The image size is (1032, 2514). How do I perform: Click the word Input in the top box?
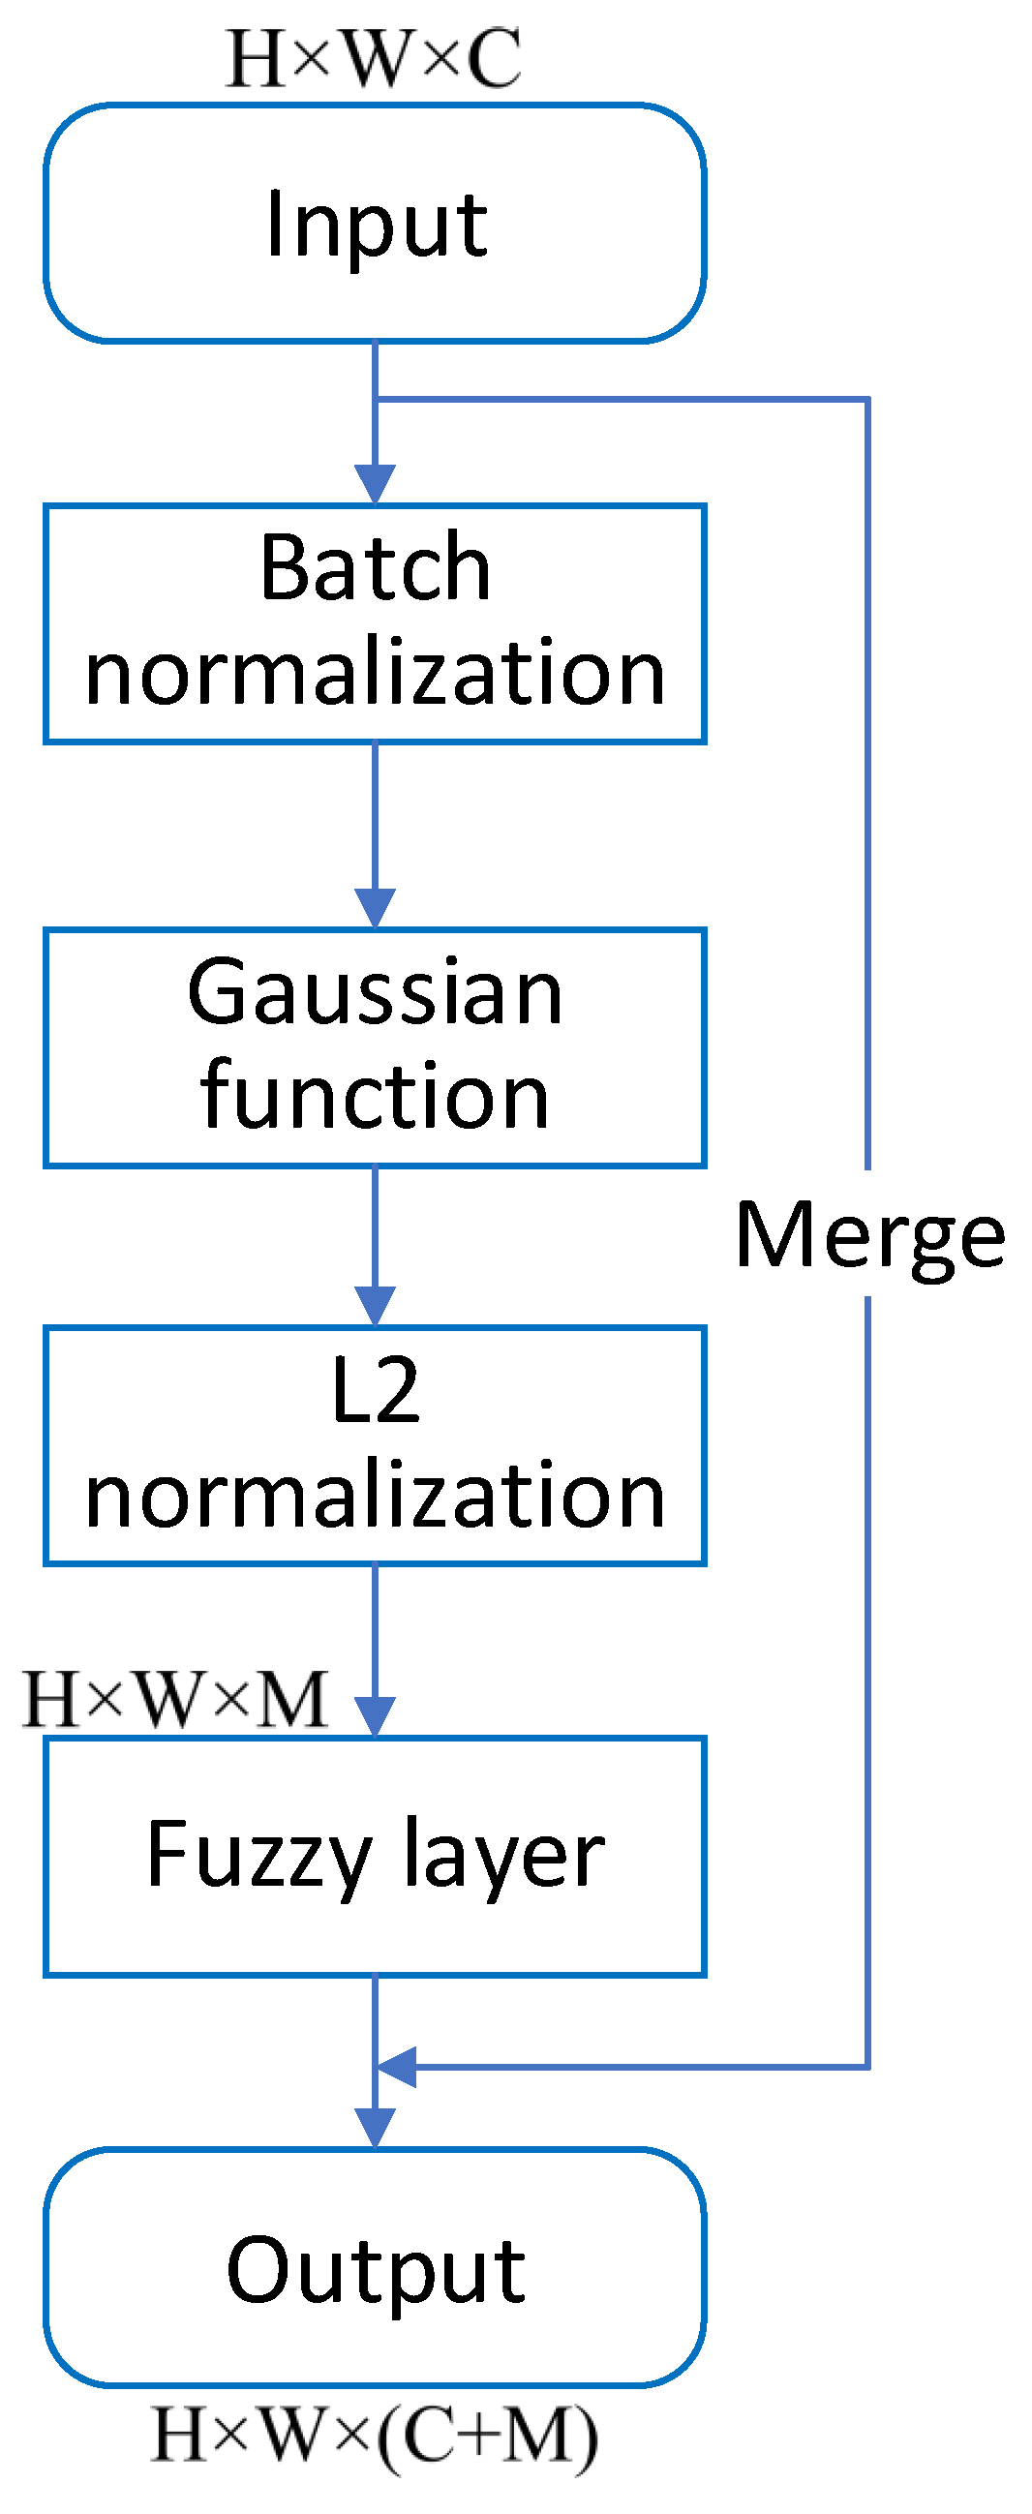(x=376, y=225)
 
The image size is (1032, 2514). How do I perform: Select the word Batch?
(x=375, y=568)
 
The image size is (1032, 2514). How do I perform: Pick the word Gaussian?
(x=375, y=993)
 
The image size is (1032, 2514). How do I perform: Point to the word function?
(x=375, y=1097)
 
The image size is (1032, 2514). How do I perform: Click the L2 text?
(x=375, y=1392)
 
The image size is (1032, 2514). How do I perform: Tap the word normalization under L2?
(x=375, y=1496)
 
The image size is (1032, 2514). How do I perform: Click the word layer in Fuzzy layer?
(x=503, y=1857)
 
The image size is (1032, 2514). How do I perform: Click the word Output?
(x=376, y=2271)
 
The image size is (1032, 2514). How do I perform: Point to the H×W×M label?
(x=176, y=1700)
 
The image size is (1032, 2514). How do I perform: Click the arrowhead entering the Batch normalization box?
(x=375, y=484)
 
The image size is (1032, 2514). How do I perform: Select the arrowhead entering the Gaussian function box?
(x=375, y=908)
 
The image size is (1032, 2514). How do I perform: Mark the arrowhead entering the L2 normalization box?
(x=375, y=1306)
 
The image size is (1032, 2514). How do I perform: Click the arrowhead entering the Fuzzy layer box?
(x=375, y=1716)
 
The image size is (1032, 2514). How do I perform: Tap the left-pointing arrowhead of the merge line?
(x=397, y=2067)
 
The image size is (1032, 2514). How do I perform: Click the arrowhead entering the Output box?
(x=375, y=2128)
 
